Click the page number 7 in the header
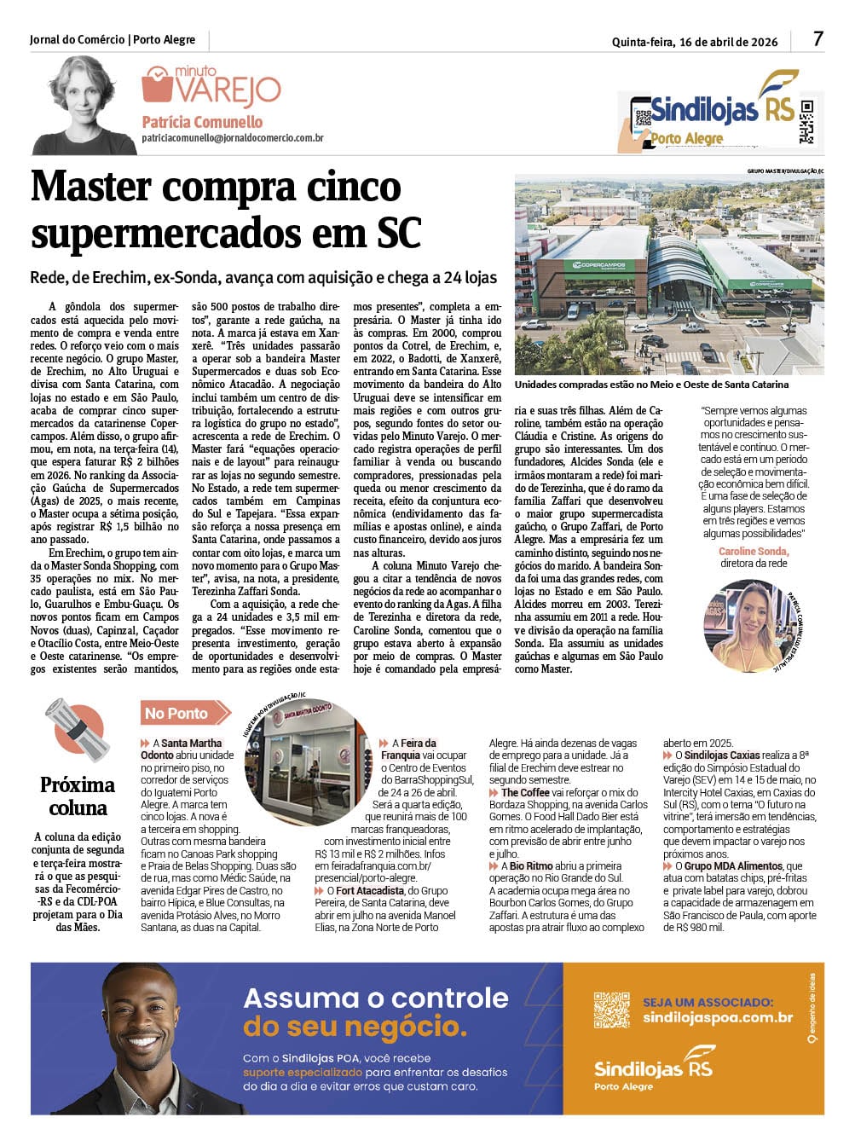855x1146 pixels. tap(818, 38)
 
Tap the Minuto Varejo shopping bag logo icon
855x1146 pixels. tap(157, 85)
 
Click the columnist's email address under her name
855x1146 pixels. tap(232, 137)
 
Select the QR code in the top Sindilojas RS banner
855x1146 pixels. tap(806, 121)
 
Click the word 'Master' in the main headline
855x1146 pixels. tap(91, 188)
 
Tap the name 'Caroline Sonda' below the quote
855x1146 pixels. tap(754, 552)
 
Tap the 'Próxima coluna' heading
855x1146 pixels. tap(78, 796)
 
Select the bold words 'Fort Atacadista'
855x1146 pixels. tap(370, 890)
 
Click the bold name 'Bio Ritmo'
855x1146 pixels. tap(531, 865)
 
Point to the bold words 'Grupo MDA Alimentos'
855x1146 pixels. tap(721, 865)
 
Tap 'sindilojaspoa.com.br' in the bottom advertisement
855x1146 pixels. tap(718, 1017)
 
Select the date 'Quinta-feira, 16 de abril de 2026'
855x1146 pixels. tap(694, 42)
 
